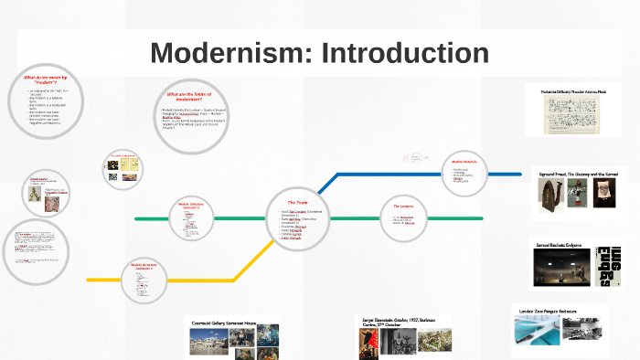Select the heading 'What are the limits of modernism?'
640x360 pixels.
click(x=190, y=97)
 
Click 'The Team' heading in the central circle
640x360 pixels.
click(x=297, y=202)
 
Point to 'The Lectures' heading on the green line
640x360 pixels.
click(x=404, y=206)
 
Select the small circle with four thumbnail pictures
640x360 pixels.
click(x=123, y=169)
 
